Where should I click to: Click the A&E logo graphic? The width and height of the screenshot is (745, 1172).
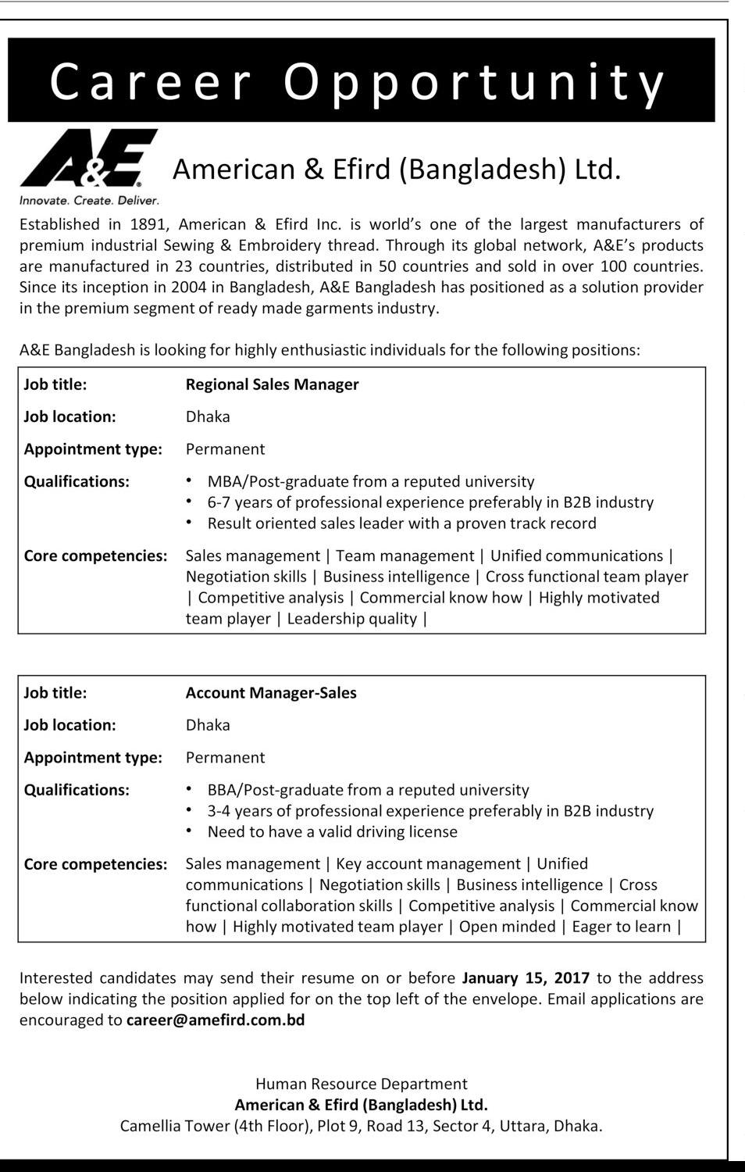(89, 159)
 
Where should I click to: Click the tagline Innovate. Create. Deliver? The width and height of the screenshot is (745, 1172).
(89, 201)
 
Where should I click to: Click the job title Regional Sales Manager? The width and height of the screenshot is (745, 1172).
(272, 384)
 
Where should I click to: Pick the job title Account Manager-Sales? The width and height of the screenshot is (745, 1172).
(271, 693)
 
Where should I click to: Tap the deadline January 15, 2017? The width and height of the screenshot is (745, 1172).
(526, 978)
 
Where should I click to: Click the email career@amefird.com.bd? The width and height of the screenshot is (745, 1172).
(216, 1020)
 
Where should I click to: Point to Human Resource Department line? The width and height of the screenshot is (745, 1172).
(362, 1084)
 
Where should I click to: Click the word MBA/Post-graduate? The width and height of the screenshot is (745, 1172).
(277, 482)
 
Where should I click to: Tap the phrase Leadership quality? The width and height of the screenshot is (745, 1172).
(352, 620)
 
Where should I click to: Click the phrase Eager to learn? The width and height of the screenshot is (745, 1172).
(622, 927)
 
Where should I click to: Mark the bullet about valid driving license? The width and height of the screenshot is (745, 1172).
(333, 832)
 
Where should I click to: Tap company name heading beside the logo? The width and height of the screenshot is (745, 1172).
(397, 170)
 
